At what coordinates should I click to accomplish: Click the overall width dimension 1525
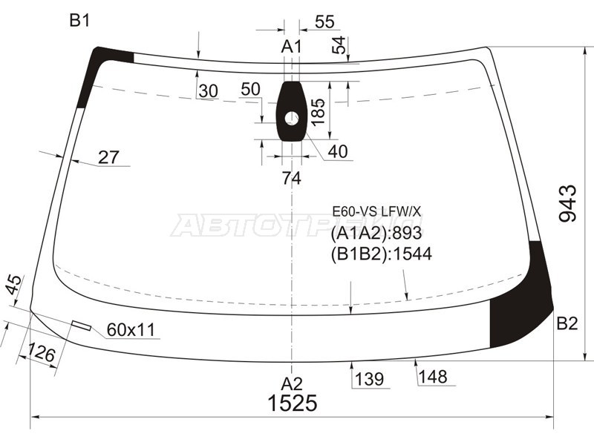pyautogui.click(x=293, y=403)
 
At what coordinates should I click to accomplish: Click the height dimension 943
pyautogui.click(x=568, y=203)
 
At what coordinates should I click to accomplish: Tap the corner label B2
pyautogui.click(x=567, y=323)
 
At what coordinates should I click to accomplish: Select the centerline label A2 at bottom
pyautogui.click(x=292, y=383)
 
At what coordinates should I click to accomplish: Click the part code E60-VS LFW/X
pyautogui.click(x=376, y=212)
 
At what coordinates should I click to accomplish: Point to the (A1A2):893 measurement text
pyautogui.click(x=376, y=234)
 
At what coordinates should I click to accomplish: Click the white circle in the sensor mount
pyautogui.click(x=291, y=117)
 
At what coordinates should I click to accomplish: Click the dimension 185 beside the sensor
pyautogui.click(x=319, y=113)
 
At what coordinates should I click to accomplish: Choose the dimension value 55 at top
pyautogui.click(x=324, y=22)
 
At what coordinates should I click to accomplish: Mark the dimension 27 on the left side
pyautogui.click(x=108, y=157)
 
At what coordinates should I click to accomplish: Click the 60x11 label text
pyautogui.click(x=131, y=330)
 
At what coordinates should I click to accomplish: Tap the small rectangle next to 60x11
pyautogui.click(x=81, y=326)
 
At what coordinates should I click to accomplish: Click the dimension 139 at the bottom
pyautogui.click(x=368, y=380)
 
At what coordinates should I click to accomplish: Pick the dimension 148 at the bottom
pyautogui.click(x=432, y=378)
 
